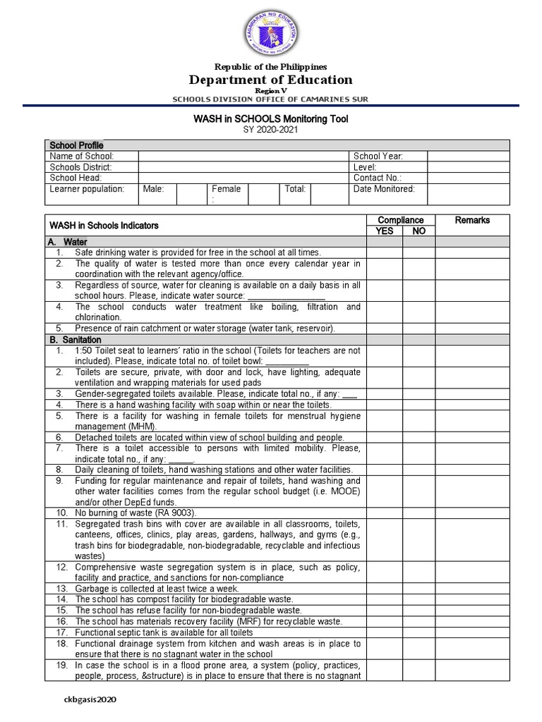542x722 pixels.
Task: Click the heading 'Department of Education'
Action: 271,80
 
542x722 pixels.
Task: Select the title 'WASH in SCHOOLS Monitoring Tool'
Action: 271,119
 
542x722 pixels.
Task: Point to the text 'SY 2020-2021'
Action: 271,130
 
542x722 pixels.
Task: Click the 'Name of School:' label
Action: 81,157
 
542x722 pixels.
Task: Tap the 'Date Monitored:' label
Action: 384,189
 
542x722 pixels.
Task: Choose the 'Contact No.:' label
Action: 377,178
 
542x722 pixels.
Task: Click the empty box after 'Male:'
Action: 190,194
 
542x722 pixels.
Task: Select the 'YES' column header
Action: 385,231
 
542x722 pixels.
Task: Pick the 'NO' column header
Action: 418,231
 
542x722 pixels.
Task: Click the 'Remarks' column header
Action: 472,221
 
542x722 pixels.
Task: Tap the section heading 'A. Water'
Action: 68,242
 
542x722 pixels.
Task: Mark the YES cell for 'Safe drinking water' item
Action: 385,252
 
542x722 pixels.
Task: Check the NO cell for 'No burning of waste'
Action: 418,513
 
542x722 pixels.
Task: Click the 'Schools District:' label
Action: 80,168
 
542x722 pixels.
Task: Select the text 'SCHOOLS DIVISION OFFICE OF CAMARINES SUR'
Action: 271,99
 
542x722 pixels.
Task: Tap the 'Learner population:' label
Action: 87,189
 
